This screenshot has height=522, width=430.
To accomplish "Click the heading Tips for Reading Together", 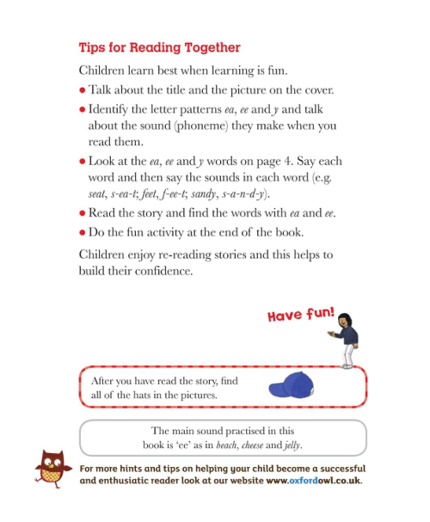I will click(159, 47).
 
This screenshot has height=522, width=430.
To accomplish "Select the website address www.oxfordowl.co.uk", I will click(313, 480).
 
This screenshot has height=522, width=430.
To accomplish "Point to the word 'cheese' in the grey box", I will click(243, 445).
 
